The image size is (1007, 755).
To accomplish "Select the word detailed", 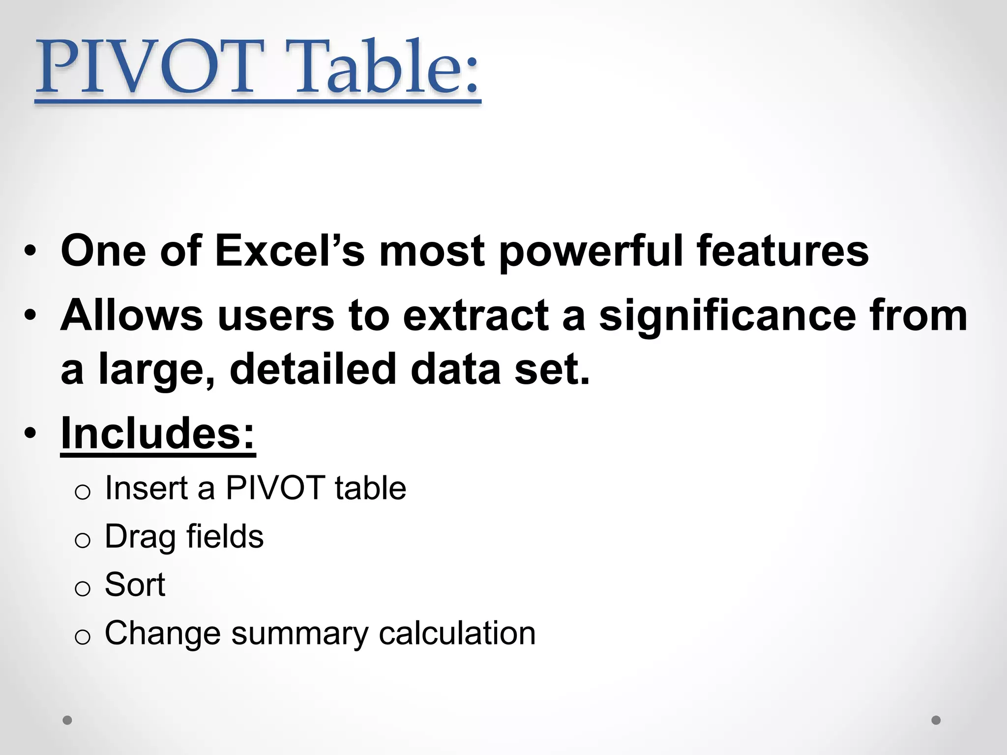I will (x=313, y=369).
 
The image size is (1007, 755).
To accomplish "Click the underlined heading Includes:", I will (x=158, y=433).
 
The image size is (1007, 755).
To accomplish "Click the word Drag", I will (x=139, y=537).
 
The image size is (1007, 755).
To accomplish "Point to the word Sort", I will (x=135, y=584).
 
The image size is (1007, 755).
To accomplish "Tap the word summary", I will (x=299, y=634).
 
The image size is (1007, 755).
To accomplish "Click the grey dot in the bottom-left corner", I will (x=67, y=720).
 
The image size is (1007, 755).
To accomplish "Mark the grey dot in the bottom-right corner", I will (x=936, y=720).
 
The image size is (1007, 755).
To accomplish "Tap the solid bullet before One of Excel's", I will (x=30, y=251).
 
